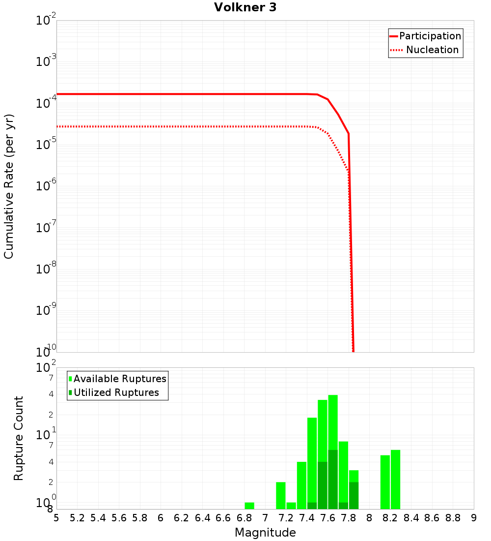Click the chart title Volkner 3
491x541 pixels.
click(245, 7)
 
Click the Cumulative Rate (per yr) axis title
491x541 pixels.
click(9, 186)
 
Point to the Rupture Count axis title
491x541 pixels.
click(19, 438)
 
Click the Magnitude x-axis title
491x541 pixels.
click(265, 533)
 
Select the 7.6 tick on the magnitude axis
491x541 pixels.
click(327, 518)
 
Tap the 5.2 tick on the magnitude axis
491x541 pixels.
click(77, 518)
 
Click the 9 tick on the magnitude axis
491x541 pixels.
click(473, 518)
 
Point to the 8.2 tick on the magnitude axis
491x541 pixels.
click(390, 518)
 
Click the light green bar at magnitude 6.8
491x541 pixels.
click(249, 506)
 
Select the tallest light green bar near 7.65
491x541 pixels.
click(333, 423)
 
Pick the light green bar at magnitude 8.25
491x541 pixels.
click(395, 480)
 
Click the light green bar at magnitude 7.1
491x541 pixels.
click(281, 495)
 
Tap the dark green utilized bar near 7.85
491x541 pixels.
click(354, 495)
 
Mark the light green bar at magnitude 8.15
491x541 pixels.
click(385, 482)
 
